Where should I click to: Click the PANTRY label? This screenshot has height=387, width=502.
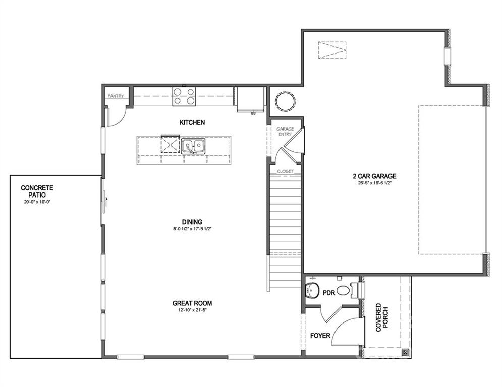pyautogui.click(x=116, y=96)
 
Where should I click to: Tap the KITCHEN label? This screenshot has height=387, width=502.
pyautogui.click(x=192, y=122)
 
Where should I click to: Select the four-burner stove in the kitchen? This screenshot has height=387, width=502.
pyautogui.click(x=184, y=96)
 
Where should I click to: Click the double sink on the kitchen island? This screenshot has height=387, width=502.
pyautogui.click(x=194, y=146)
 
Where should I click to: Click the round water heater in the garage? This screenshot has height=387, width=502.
pyautogui.click(x=284, y=101)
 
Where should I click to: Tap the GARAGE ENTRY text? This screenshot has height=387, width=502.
pyautogui.click(x=285, y=132)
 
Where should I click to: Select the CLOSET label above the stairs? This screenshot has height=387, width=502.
pyautogui.click(x=285, y=171)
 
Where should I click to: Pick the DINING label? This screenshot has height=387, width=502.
pyautogui.click(x=192, y=222)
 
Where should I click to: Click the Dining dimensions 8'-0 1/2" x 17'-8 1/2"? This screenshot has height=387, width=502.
pyautogui.click(x=192, y=229)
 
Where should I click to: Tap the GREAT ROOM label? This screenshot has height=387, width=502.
pyautogui.click(x=192, y=303)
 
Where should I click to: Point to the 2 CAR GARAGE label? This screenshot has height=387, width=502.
pyautogui.click(x=374, y=176)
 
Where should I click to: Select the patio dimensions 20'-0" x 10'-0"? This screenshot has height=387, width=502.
pyautogui.click(x=37, y=202)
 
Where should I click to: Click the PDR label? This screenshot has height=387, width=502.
pyautogui.click(x=329, y=292)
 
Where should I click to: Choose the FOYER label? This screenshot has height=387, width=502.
pyautogui.click(x=320, y=335)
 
